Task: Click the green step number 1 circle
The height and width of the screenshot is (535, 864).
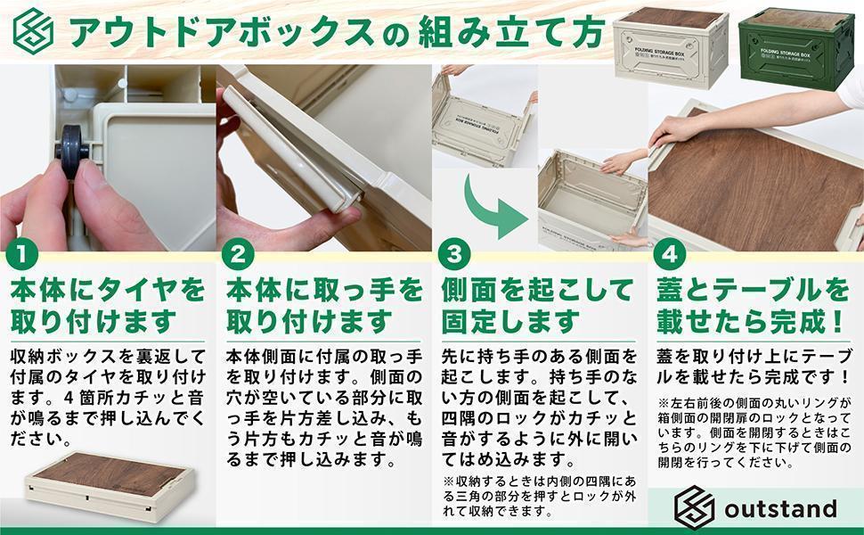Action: (21, 255)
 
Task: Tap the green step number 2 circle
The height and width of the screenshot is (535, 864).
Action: (238, 255)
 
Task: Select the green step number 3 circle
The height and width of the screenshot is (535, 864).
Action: (453, 255)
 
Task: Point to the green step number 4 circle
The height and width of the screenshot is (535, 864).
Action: (669, 255)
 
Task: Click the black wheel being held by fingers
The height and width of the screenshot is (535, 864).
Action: (71, 151)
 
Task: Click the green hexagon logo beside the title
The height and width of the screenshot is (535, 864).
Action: (34, 31)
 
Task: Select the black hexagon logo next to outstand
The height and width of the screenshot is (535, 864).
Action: (694, 507)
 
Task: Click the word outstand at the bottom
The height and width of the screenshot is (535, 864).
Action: (780, 508)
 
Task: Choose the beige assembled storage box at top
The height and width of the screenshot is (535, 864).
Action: (671, 47)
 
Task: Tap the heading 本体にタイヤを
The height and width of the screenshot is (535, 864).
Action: (108, 290)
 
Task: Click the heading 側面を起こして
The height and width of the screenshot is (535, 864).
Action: (538, 290)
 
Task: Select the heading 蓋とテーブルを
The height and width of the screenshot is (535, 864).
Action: (753, 290)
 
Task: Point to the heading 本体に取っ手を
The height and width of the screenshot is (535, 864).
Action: (324, 290)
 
